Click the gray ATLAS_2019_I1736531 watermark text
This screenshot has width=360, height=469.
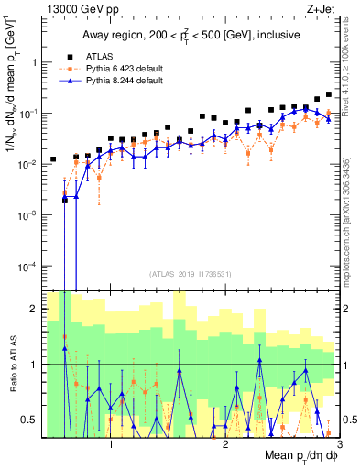click(190, 274)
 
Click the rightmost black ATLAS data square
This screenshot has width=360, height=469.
click(329, 94)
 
